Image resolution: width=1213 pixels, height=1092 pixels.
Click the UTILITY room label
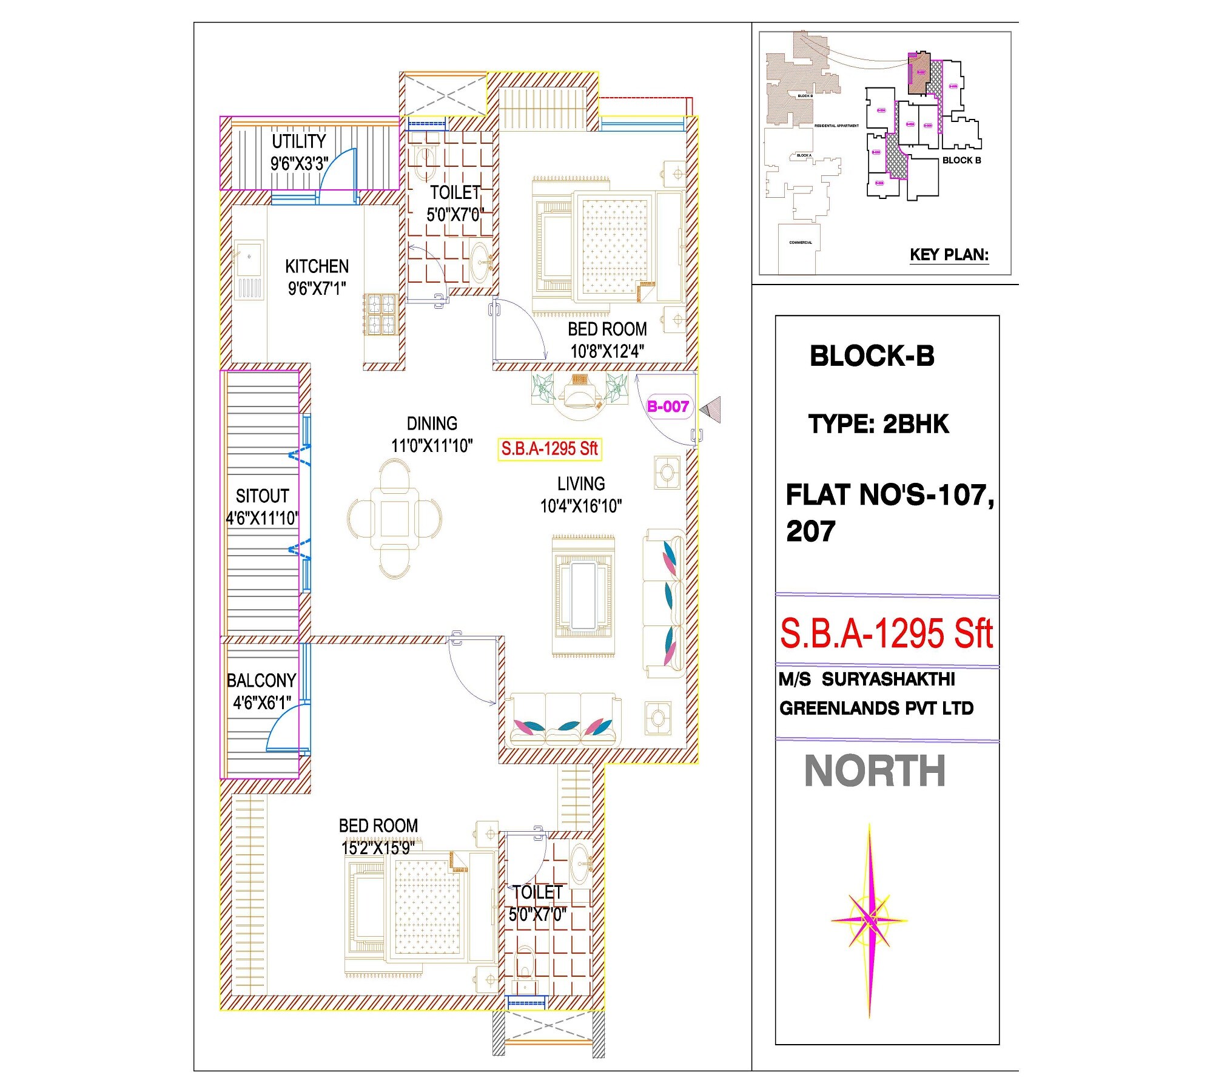(x=298, y=141)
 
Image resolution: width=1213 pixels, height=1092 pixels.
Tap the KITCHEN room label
(x=317, y=266)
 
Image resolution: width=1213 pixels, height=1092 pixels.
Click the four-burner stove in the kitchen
(x=380, y=314)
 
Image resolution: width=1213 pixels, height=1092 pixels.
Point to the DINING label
(x=432, y=423)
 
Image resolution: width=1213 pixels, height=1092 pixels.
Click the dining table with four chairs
(x=395, y=519)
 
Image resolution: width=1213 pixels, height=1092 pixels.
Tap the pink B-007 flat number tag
(x=668, y=406)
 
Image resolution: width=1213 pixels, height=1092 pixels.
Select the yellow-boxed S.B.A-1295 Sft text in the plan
(x=549, y=449)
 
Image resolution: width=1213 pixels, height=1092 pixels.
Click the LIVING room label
(x=581, y=484)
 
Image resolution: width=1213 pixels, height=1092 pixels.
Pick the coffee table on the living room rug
(x=583, y=596)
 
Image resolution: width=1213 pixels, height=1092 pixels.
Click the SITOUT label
(x=262, y=496)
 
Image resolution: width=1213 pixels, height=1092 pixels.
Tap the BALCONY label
(x=261, y=681)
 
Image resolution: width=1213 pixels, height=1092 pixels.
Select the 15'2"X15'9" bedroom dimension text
(x=378, y=848)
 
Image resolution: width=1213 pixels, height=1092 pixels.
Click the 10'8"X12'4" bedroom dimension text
(x=607, y=351)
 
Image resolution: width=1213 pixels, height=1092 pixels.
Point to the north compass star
(x=869, y=920)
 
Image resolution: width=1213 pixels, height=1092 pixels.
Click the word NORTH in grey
(x=875, y=772)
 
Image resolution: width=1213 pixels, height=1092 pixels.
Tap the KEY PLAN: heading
(x=949, y=255)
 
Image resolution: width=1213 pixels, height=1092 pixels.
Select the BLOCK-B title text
(x=872, y=356)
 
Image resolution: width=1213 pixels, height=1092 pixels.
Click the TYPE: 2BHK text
(x=878, y=424)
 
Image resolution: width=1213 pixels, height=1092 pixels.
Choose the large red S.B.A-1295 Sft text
(x=886, y=634)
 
